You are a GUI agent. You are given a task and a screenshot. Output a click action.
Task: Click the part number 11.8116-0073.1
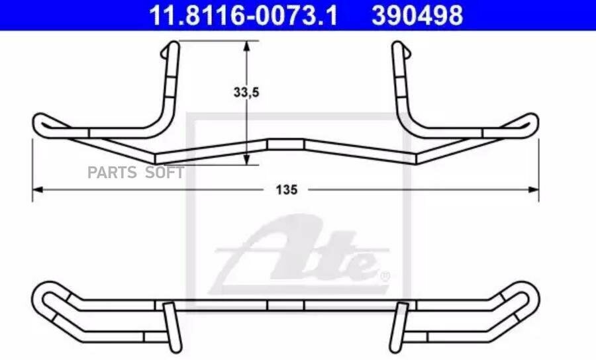[x=243, y=15]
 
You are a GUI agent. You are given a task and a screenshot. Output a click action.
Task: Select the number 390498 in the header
[x=417, y=15]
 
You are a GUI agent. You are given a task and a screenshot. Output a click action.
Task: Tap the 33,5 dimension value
[x=246, y=92]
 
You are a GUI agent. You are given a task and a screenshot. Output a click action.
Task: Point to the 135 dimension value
[x=287, y=189]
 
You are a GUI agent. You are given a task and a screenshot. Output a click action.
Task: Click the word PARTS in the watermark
[x=112, y=173]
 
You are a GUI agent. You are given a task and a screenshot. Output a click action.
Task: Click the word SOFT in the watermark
[x=165, y=173]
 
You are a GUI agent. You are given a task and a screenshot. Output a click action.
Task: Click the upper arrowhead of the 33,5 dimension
[x=247, y=46]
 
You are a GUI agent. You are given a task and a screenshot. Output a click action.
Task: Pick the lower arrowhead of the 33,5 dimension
[x=247, y=159]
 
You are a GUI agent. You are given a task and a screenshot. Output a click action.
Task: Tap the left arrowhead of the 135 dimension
[x=38, y=189]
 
